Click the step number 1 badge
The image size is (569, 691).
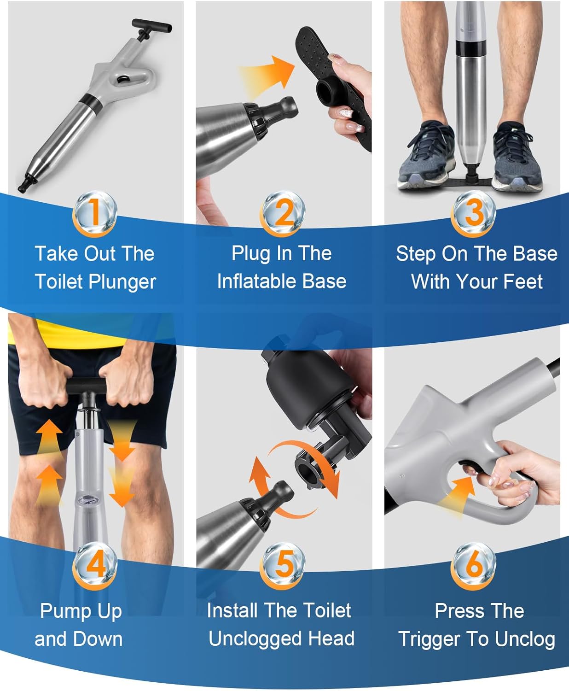[x=95, y=213]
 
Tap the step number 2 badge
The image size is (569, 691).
[x=282, y=213]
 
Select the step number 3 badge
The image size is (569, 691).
[x=473, y=213]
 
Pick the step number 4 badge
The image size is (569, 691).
[x=95, y=565]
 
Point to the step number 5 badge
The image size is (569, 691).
[x=282, y=565]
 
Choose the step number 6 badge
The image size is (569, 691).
[x=473, y=565]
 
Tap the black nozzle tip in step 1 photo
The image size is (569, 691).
[x=28, y=182]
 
